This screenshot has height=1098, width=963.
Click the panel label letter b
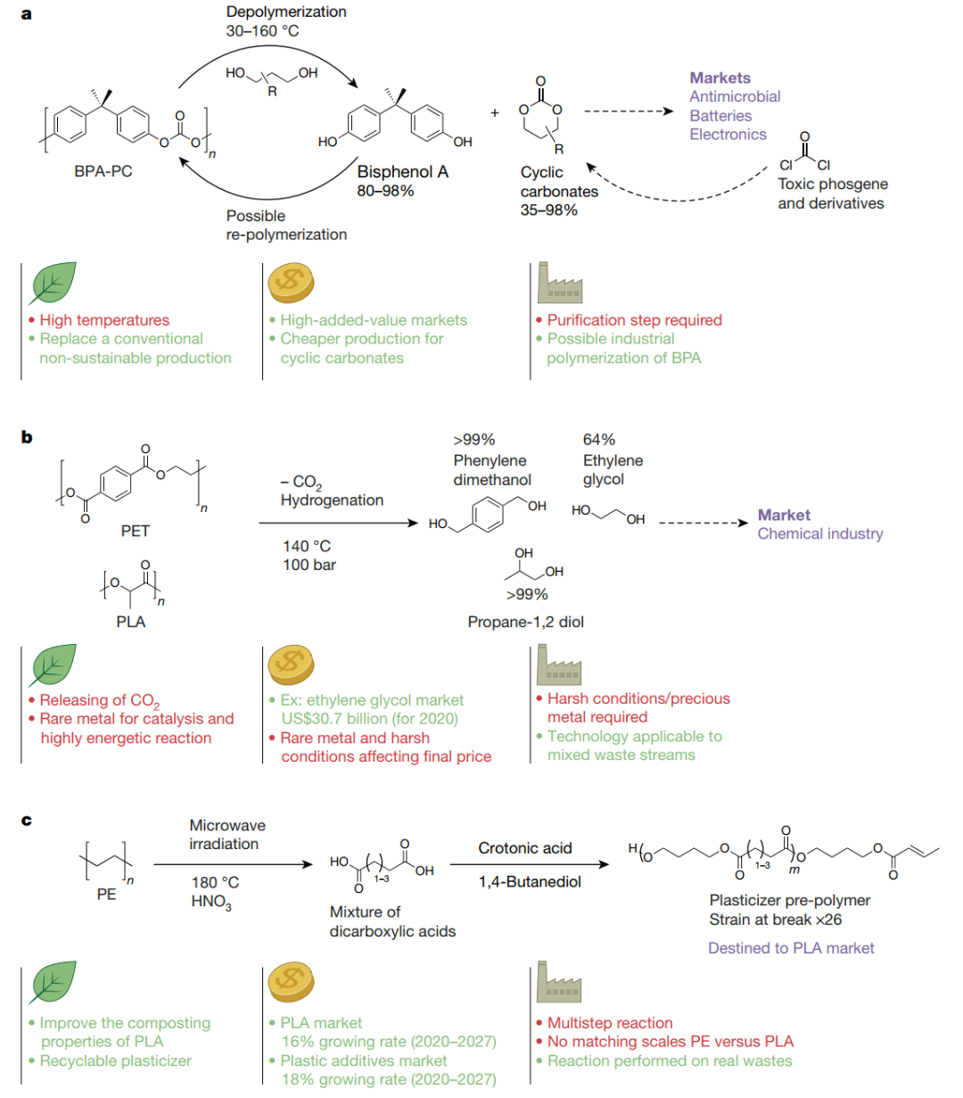pos(27,437)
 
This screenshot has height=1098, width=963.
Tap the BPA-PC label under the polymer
pos(103,171)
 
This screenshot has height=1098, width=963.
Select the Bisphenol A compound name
pos(402,172)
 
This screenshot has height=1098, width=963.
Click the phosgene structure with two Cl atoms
pos(804,153)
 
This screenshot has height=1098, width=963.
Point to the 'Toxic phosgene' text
pos(833,184)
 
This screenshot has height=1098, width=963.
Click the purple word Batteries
pos(720,116)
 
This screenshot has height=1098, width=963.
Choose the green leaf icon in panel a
pos(53,284)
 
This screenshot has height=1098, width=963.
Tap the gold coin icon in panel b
pos(292,664)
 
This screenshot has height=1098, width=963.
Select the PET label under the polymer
pos(135,531)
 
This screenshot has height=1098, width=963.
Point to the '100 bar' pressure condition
pos(309,565)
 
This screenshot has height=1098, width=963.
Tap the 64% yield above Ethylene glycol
pos(599,440)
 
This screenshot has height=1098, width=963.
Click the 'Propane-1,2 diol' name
pos(525,622)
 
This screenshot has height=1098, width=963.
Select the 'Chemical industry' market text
pos(819,533)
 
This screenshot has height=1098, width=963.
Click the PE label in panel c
pos(106,894)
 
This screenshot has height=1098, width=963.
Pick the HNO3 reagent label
pos(211,902)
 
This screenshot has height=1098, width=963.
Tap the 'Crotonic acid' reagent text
pos(525,848)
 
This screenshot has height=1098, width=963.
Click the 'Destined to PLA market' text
pos(791,948)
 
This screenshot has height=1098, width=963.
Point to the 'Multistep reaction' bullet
pos(610,1023)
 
